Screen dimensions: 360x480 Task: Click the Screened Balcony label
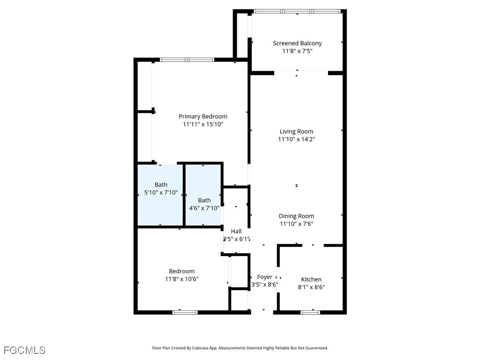coord(297,43)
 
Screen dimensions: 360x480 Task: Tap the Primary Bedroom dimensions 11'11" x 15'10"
coord(203,124)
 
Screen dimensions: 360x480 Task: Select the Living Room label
coord(296,132)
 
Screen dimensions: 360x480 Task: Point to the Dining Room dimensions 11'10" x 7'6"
coord(296,224)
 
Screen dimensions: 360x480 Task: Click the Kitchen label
coord(311,279)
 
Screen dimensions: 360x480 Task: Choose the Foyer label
coord(265,277)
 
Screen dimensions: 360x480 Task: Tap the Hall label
coord(236,231)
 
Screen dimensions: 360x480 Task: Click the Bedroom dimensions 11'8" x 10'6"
coord(181,279)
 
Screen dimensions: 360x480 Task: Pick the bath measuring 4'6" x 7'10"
coord(204,204)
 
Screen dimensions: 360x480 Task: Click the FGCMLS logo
coord(24,350)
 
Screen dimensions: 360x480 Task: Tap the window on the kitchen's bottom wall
coord(310,312)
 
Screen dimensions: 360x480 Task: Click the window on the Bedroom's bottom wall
coord(185,312)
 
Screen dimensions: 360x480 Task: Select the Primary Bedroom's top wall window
coord(187,60)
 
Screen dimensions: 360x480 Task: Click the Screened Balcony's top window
coord(297,11)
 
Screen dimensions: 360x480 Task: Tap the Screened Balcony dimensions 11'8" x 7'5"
coord(297,51)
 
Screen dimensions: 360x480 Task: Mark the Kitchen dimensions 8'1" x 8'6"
coord(311,287)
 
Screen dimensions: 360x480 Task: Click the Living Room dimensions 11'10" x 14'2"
coord(296,139)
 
